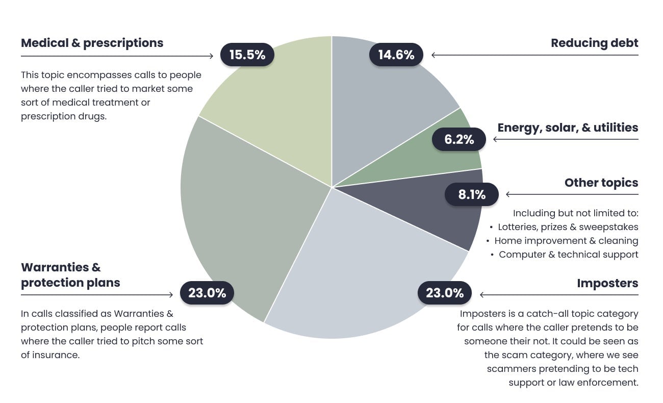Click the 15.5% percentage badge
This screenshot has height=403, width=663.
(x=247, y=55)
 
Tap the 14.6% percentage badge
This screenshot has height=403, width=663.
(x=396, y=55)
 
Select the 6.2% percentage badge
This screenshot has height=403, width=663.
(x=459, y=139)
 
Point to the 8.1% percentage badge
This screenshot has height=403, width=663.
(x=471, y=194)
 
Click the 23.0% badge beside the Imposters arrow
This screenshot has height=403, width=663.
(x=445, y=293)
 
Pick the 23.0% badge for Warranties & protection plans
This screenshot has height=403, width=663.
(x=207, y=293)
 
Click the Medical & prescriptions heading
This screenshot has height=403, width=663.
(x=92, y=43)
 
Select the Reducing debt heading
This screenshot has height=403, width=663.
(x=594, y=43)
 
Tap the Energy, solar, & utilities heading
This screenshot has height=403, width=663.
(x=568, y=128)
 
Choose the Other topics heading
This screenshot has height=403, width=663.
(x=601, y=183)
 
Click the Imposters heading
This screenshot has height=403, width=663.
(x=607, y=283)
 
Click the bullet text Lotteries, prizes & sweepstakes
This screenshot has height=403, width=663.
(x=568, y=226)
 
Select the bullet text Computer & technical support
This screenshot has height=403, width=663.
(x=568, y=254)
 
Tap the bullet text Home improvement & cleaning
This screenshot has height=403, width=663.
(x=566, y=240)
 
